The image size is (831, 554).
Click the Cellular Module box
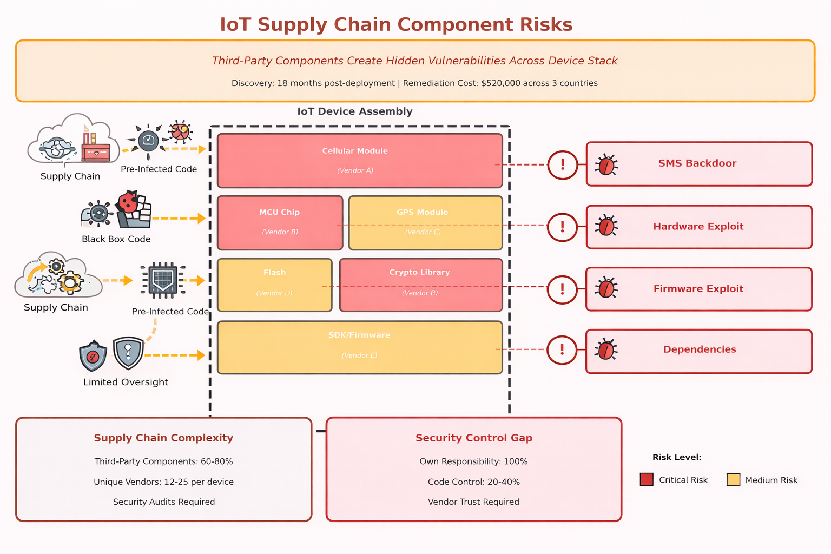click(360, 161)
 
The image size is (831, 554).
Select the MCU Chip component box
click(280, 222)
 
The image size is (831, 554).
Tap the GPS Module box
click(425, 222)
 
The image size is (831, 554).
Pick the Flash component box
click(274, 285)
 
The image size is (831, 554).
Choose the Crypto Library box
click(420, 285)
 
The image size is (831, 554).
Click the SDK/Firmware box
click(360, 347)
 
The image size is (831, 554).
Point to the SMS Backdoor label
click(697, 163)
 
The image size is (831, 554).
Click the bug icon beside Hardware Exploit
click(606, 226)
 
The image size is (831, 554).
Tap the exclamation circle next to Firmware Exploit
click(562, 289)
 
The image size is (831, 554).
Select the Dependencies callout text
click(700, 349)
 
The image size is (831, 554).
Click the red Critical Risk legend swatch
click(647, 479)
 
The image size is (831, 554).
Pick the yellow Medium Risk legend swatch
click(733, 479)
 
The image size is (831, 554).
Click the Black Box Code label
click(116, 239)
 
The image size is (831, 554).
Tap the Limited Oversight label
click(126, 382)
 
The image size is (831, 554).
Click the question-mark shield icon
click(128, 353)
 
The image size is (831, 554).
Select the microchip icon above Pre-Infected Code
click(163, 280)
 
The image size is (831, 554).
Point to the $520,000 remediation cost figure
click(504, 83)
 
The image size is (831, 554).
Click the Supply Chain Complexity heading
click(163, 438)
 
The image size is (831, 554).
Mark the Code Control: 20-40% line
click(473, 482)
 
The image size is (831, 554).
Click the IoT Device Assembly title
click(355, 111)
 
